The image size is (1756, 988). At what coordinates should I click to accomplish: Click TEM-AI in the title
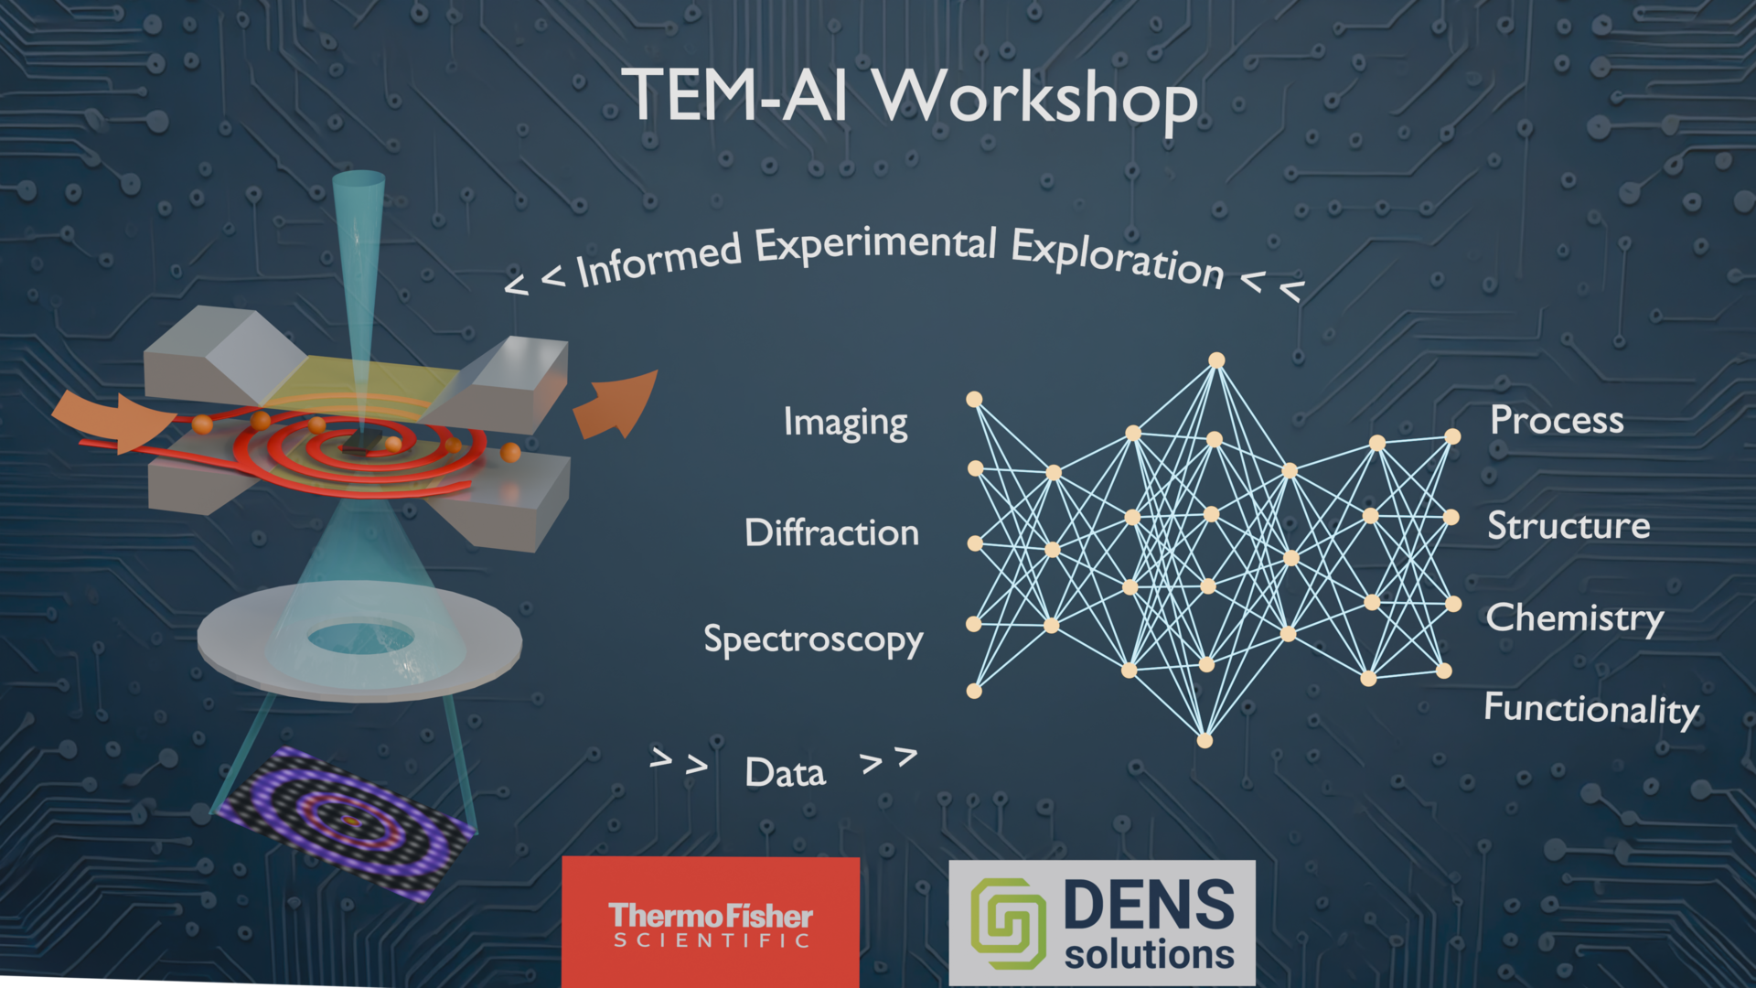[x=737, y=94]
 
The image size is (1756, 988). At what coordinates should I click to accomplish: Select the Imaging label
[x=845, y=424]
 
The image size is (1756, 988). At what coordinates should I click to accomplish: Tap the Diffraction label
[x=831, y=532]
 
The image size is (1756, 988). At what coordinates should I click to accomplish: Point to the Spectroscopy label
[x=813, y=640]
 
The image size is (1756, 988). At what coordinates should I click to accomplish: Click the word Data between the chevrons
[x=785, y=773]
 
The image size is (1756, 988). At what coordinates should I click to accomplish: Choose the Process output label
[x=1557, y=420]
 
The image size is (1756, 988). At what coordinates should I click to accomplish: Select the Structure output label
[x=1569, y=525]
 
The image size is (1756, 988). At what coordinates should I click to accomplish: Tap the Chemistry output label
[x=1574, y=619]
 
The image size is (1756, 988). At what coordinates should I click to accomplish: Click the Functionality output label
[x=1591, y=710]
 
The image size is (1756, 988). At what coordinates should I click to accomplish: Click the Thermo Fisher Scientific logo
[x=711, y=922]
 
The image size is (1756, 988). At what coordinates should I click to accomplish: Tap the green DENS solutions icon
[x=1009, y=924]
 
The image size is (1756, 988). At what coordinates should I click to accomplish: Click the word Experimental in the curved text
[x=875, y=244]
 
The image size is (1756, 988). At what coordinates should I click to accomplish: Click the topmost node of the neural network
[x=1216, y=360]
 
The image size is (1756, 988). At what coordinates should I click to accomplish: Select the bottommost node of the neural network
[x=1205, y=740]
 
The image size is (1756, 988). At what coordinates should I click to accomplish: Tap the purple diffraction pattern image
[x=346, y=823]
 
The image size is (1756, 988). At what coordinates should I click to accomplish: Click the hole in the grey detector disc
[x=360, y=638]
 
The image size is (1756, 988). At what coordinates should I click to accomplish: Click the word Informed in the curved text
[x=659, y=260]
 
